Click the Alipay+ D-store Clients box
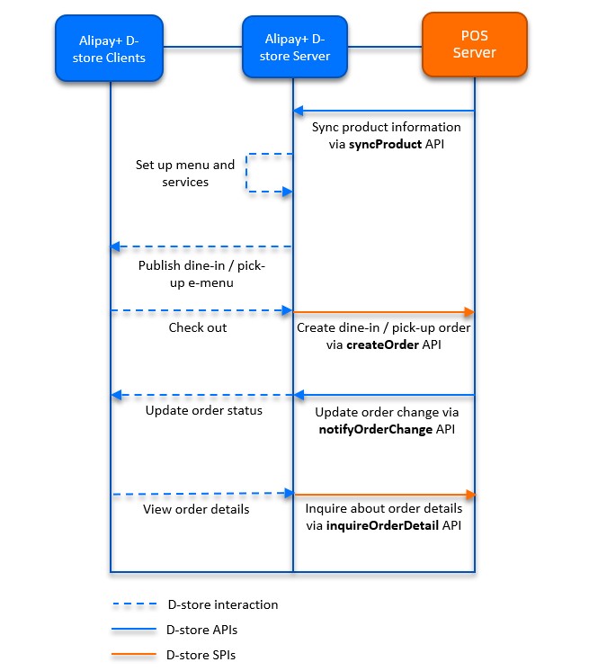111,48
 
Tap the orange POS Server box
474,44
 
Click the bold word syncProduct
385,144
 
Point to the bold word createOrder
382,344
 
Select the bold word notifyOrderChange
370,429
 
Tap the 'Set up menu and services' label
185,174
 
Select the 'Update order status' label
204,411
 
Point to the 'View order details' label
196,509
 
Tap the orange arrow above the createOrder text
384,311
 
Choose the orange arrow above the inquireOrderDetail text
384,494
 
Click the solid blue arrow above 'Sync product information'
384,112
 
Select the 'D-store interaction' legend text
222,604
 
